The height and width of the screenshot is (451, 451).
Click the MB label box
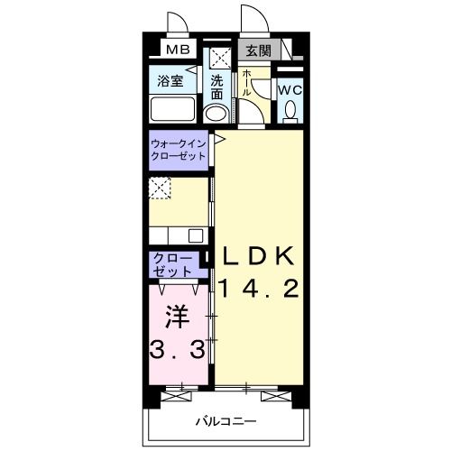(175, 50)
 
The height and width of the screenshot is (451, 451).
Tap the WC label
(289, 91)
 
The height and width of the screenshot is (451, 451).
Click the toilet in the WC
(290, 111)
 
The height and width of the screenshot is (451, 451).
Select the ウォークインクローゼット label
(178, 149)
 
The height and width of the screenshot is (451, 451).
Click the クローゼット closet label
(173, 264)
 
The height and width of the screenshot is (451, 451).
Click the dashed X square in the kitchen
(160, 188)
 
